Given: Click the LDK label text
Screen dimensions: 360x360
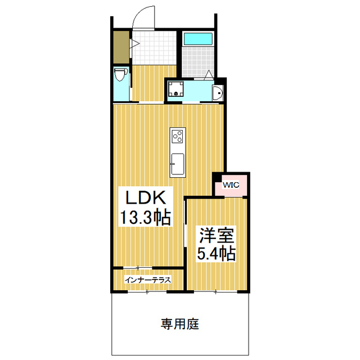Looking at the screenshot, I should [145, 199].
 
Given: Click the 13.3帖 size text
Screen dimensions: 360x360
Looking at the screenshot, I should [145, 217].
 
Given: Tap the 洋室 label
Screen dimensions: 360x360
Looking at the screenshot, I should [215, 235].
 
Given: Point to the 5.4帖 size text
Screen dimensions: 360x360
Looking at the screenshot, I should [215, 253].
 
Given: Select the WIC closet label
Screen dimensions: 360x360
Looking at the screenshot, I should [231, 184].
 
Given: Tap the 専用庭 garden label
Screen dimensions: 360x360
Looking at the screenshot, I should [180, 324].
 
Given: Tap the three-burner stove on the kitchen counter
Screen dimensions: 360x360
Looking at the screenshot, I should [178, 137].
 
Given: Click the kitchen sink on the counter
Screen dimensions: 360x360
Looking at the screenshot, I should [177, 163].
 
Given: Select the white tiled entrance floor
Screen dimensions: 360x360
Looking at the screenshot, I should [155, 48].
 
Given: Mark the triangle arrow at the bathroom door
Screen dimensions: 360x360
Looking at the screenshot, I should [209, 74].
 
